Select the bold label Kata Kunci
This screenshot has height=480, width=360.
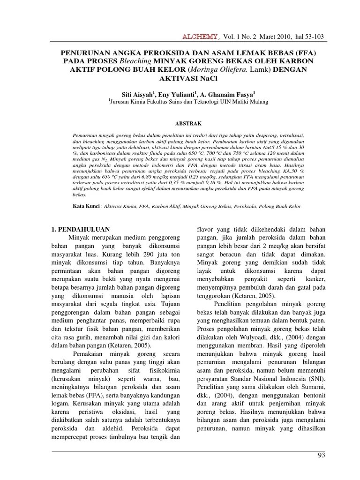point(86,206)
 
